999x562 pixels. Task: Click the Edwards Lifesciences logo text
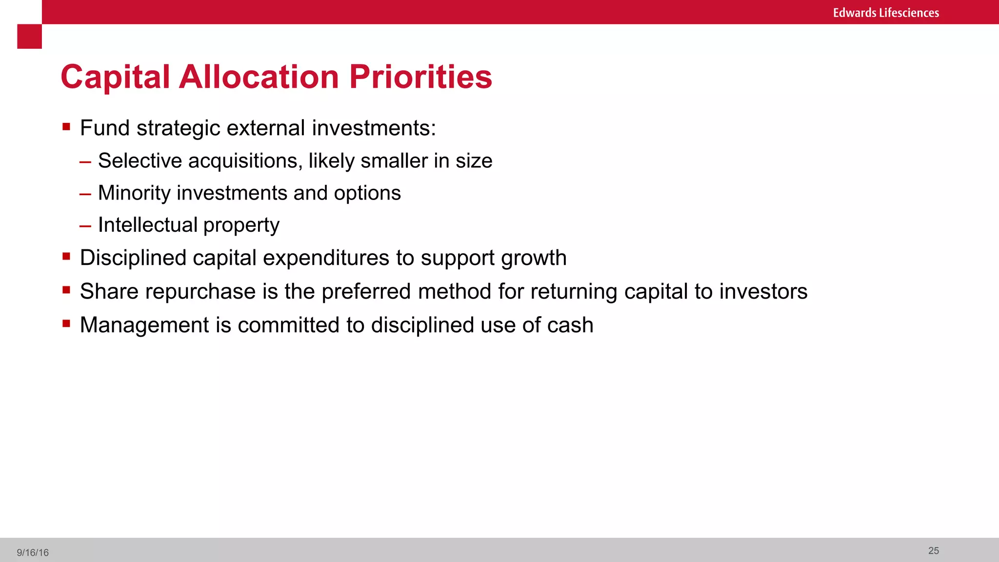point(885,13)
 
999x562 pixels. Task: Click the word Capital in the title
point(115,77)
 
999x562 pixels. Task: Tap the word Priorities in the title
point(420,77)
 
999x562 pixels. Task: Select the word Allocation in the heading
point(259,77)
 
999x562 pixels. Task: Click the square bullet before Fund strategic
point(66,127)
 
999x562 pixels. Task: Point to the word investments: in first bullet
point(374,128)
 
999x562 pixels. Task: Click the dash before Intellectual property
point(85,226)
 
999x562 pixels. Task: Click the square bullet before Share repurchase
point(66,290)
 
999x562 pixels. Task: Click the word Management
point(144,325)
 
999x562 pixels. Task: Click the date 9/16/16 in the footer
point(33,553)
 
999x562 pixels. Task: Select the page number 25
point(933,551)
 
